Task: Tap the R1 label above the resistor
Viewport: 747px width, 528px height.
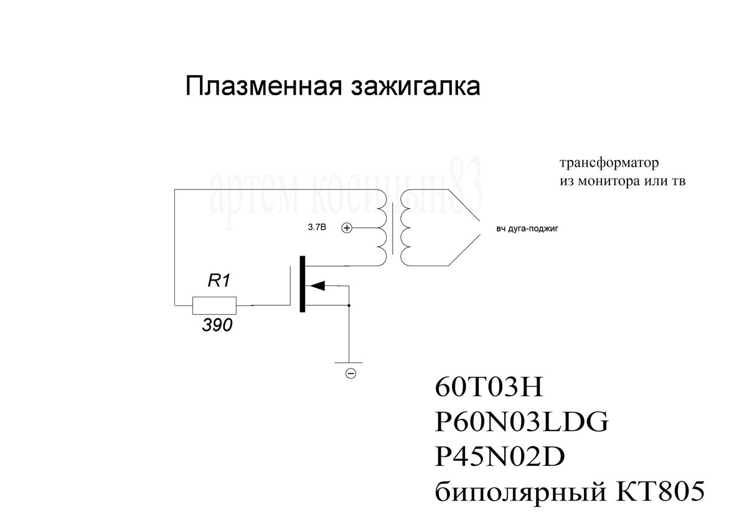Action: (x=219, y=281)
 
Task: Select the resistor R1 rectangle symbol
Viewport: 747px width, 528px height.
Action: (x=214, y=305)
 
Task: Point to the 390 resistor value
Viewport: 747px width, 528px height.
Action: (x=217, y=325)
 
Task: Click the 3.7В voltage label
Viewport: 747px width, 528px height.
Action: (x=317, y=229)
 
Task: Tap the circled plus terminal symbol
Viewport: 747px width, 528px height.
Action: (x=347, y=228)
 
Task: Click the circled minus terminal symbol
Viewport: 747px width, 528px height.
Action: (x=350, y=373)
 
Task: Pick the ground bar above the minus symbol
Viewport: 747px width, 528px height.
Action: (x=349, y=361)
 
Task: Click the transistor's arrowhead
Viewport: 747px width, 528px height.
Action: (x=317, y=285)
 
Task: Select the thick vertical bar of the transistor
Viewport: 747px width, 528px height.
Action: (x=303, y=284)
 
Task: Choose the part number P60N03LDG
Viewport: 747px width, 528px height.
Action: (x=520, y=424)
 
